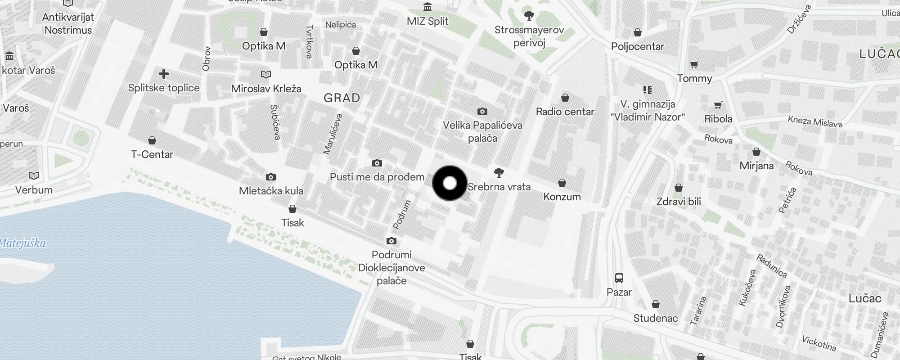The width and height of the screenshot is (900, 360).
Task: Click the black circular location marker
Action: pos(450,183)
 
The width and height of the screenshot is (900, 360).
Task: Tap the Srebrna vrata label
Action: pos(499,187)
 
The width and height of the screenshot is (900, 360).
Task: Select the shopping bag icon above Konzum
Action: pos(562,183)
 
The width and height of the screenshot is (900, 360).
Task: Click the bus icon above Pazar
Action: pos(619,278)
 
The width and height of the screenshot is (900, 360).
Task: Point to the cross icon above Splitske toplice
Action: pos(164,73)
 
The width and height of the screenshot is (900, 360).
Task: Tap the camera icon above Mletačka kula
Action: pos(270,177)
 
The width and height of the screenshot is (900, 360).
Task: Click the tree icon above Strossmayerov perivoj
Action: pos(529,16)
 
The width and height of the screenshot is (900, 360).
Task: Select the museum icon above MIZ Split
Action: pos(427,7)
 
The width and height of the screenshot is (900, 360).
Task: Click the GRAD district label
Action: pos(342,98)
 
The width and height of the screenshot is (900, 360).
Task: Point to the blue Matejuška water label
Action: pos(23,243)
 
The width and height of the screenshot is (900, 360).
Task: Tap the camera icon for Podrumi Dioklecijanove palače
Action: pos(391,241)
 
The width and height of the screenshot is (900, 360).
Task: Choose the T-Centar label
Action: pos(152,154)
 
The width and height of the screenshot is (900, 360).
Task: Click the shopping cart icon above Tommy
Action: pos(694,65)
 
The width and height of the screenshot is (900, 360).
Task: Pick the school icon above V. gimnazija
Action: pos(648,90)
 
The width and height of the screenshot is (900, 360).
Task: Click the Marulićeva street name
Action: pos(333,134)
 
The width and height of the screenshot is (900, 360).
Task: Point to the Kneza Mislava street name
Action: pos(815,121)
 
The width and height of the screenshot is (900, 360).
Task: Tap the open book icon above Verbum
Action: pos(34,175)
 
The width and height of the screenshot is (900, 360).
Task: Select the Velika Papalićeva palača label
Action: pos(482,131)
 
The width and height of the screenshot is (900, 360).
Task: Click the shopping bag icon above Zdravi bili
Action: pos(679,188)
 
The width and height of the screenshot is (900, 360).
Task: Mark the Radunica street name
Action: pos(771,266)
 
